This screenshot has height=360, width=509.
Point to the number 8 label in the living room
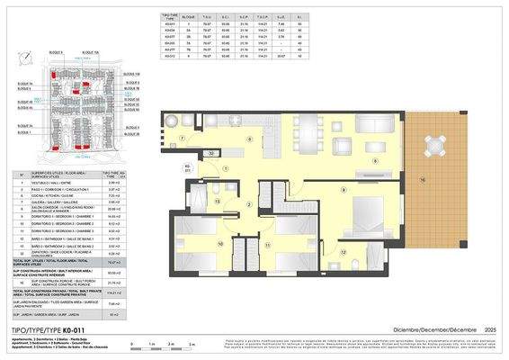[x=374, y=161]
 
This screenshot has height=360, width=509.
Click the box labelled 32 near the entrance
[x=210, y=154]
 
